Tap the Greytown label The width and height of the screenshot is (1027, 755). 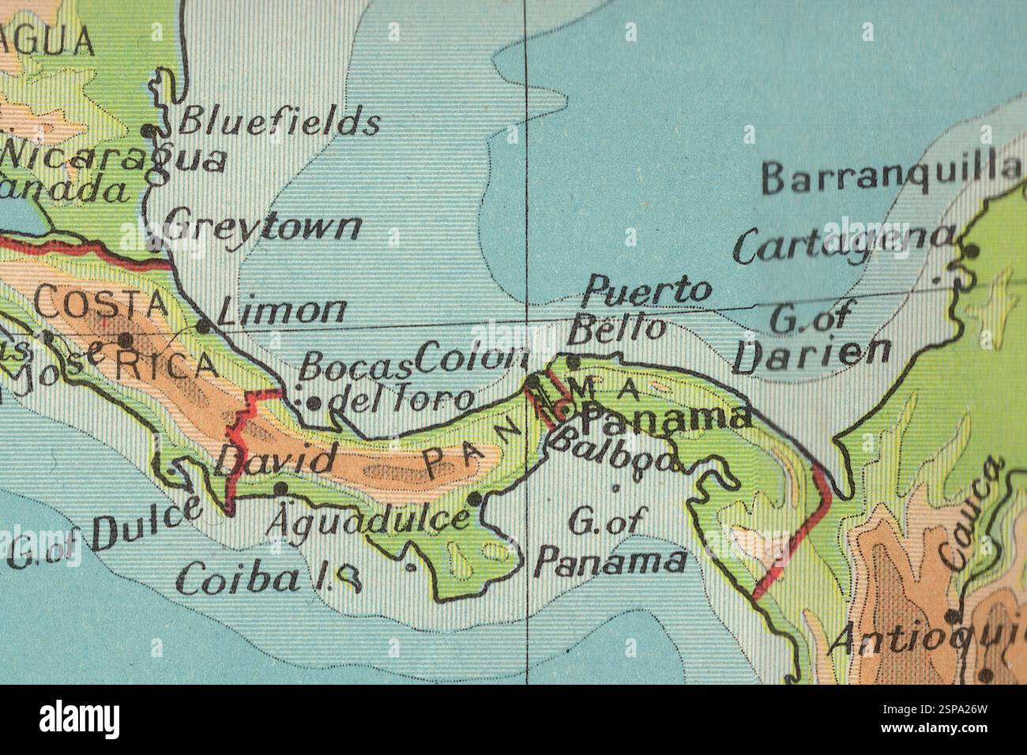pos(265,227)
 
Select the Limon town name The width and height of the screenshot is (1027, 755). pos(281,313)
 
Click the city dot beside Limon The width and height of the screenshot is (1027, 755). pos(203,325)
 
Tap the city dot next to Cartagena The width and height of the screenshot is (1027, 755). pos(972,252)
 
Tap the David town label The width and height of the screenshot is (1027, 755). pos(276,458)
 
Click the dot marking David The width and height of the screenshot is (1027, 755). pos(280,489)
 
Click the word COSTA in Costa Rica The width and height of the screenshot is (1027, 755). pos(102,302)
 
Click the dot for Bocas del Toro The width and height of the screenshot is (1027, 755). pos(314,403)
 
